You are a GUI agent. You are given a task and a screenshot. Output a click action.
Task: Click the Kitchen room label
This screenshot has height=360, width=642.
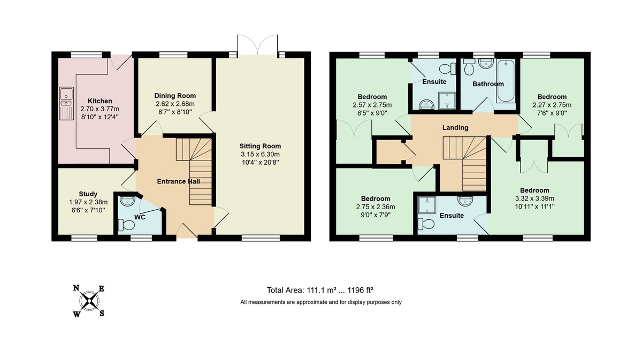click(x=100, y=101)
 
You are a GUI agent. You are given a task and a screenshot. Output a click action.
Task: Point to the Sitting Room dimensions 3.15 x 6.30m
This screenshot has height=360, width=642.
click(x=261, y=154)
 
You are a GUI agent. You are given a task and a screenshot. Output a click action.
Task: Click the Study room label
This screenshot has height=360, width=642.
click(x=88, y=194)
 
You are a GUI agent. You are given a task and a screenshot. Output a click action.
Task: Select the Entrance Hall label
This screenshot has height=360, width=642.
click(x=178, y=181)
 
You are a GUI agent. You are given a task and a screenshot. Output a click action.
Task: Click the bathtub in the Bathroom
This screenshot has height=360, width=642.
click(x=506, y=81)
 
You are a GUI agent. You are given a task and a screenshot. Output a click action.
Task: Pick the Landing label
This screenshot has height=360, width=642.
click(x=455, y=127)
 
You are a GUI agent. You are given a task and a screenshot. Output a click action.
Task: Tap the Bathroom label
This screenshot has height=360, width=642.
click(x=488, y=84)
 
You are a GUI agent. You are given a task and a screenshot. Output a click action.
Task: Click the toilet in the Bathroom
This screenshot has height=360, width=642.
click(x=469, y=68)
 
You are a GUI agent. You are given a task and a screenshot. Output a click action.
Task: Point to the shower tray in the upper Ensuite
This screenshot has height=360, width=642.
click(x=445, y=99)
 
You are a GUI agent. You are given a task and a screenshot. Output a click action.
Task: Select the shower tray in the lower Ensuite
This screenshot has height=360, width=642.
click(x=428, y=203)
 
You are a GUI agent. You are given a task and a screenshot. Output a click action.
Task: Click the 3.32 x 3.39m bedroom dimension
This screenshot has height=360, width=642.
click(x=534, y=198)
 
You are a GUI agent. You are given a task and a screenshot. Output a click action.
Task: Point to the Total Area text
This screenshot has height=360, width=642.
click(x=320, y=290)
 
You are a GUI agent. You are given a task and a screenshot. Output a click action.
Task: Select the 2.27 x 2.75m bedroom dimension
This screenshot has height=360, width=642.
click(x=552, y=105)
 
